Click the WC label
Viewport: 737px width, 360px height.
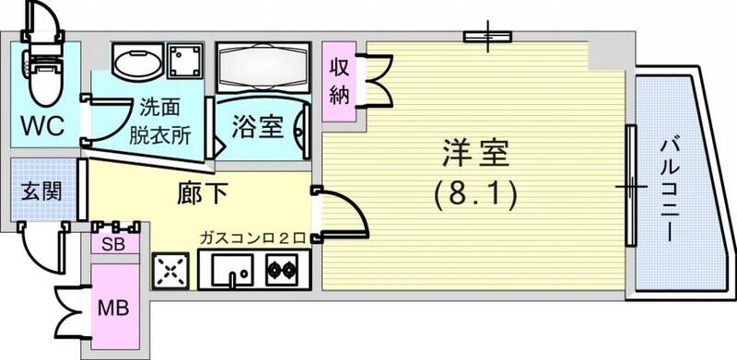coord(42,126)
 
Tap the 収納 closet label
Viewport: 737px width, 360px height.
coord(340,81)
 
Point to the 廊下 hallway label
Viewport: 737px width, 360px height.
coord(202,195)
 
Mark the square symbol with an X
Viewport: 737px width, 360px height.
coord(170,270)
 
